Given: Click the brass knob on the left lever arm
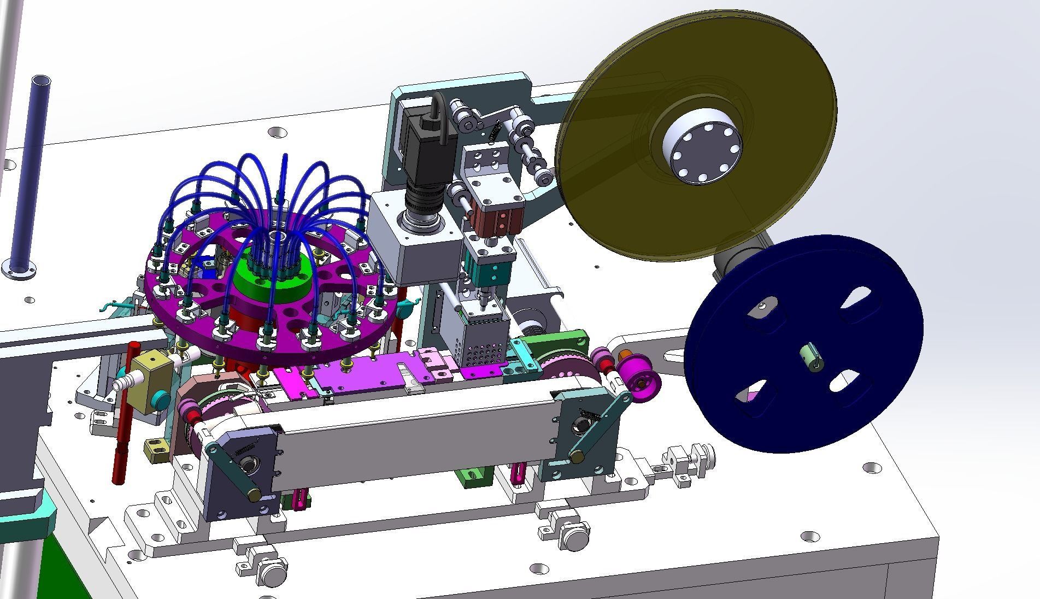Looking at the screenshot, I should click(254, 495).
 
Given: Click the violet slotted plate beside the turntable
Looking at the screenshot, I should click(355, 375).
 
